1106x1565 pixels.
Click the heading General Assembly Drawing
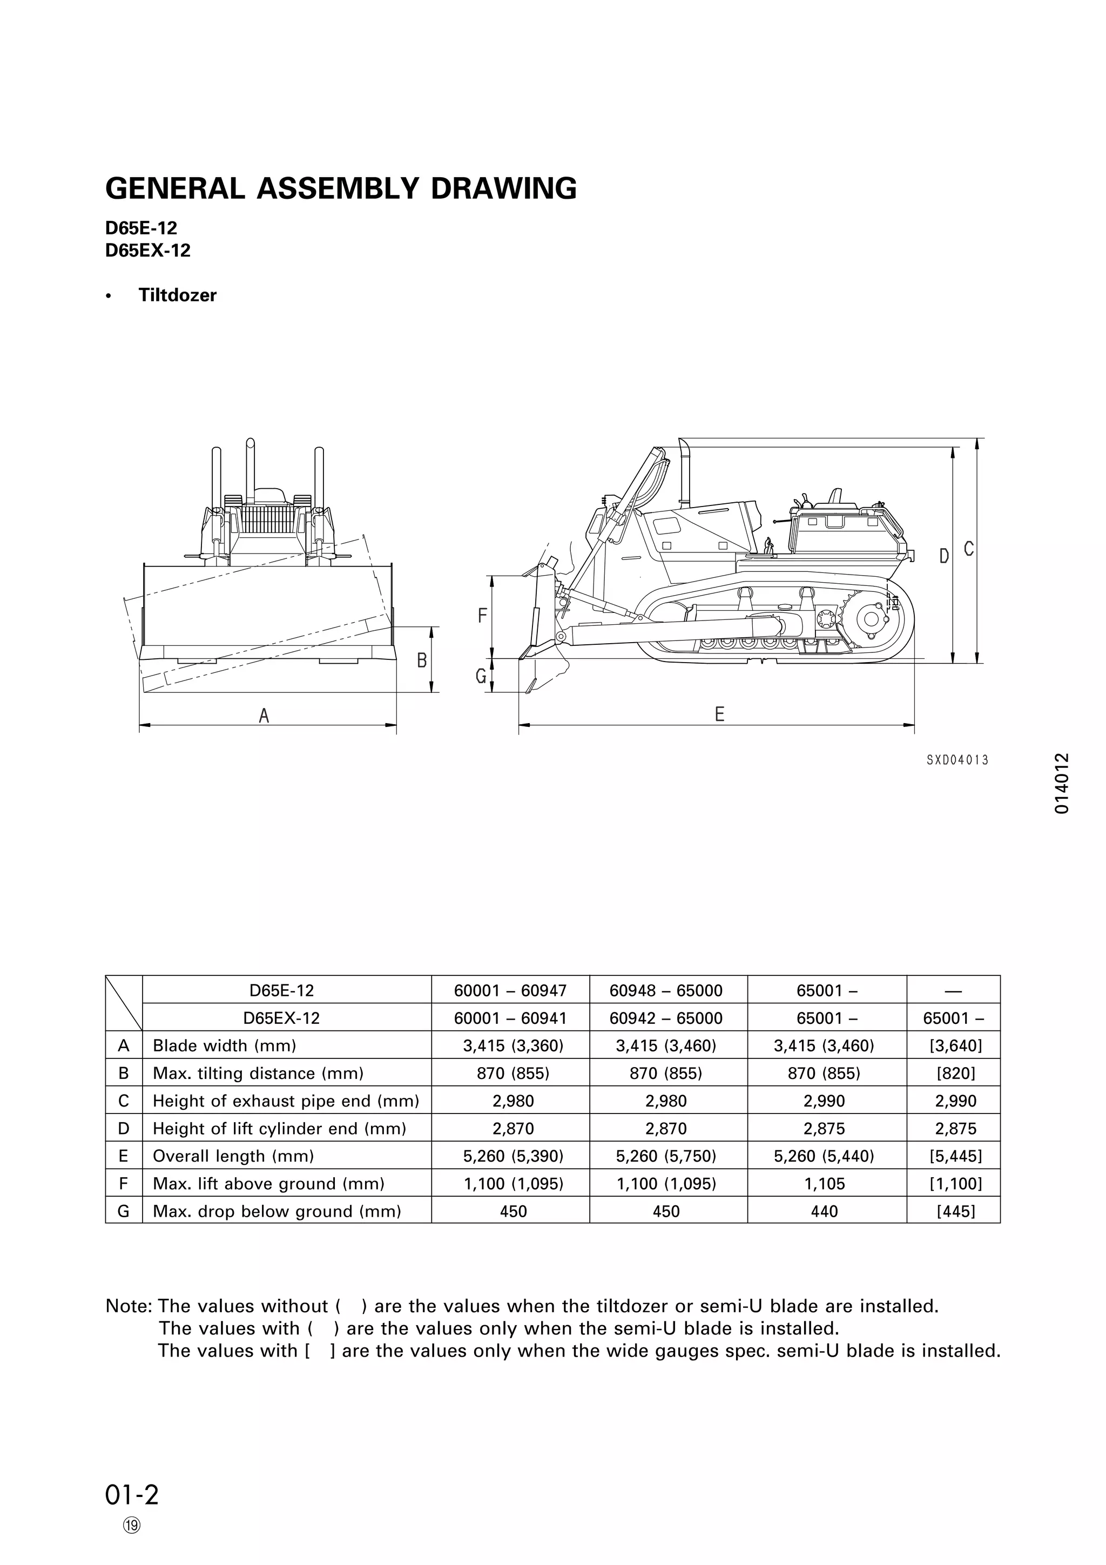pos(341,188)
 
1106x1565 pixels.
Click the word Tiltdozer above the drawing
pos(177,295)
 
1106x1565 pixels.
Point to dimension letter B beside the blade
pos(422,660)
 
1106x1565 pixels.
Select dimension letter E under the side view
pos(720,714)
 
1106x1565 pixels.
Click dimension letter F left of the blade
pos(482,616)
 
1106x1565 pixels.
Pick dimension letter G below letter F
pos(481,676)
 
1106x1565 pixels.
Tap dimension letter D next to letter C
pos(944,556)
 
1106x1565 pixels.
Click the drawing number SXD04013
pos(957,759)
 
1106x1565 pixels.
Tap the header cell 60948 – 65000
pos(666,990)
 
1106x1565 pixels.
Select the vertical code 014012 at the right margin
pos(1061,783)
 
